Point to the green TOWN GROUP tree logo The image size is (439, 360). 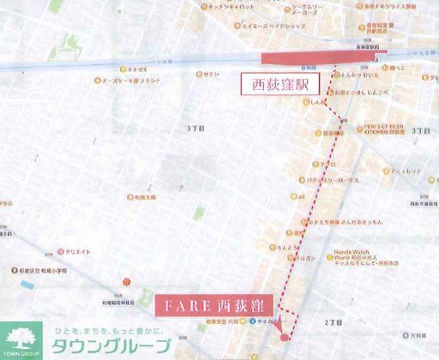coord(21,338)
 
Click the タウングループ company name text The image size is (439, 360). coord(111,347)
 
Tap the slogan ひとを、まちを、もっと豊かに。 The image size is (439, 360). coord(111,331)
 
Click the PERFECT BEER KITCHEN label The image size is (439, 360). coord(382,129)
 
